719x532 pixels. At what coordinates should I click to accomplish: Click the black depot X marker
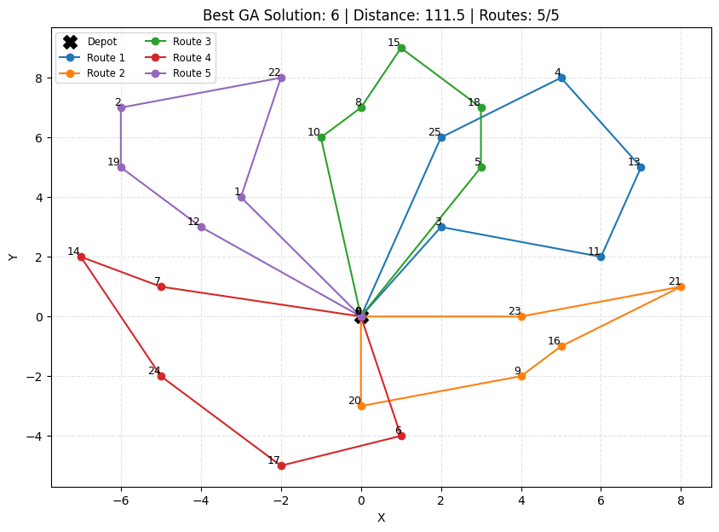[x=361, y=317]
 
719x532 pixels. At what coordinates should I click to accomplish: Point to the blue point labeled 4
[x=561, y=78]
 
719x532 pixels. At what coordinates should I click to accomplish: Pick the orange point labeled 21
[x=681, y=286]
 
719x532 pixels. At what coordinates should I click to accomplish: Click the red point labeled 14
[x=81, y=257]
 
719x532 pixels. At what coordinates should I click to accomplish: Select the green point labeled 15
[x=401, y=48]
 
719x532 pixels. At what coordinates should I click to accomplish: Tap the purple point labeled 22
[x=281, y=78]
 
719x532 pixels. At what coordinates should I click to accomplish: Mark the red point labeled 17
[x=281, y=465]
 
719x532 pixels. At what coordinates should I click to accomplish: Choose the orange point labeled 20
[x=361, y=406]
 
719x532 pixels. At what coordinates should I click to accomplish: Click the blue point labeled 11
[x=601, y=257]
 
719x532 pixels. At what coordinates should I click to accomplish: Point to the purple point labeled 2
[x=121, y=107]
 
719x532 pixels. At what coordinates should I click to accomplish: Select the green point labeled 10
[x=321, y=137]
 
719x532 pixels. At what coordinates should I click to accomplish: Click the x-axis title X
[x=381, y=518]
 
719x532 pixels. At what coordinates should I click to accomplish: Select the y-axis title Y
[x=13, y=257]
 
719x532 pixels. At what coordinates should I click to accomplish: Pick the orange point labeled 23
[x=521, y=316]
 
